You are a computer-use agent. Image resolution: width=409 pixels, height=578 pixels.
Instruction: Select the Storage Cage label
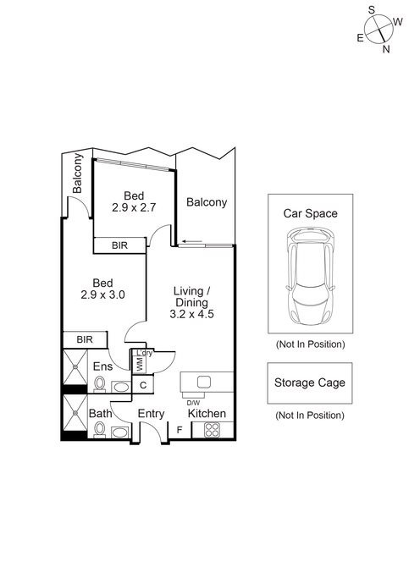tap(309, 383)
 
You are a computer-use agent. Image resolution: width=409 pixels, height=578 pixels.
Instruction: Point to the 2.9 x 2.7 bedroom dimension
tap(132, 206)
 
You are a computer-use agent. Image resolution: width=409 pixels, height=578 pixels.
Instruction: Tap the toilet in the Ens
tap(101, 385)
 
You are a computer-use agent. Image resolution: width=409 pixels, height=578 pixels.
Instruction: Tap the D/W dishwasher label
tap(193, 402)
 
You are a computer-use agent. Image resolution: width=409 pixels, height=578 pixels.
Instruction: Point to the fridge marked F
tap(179, 430)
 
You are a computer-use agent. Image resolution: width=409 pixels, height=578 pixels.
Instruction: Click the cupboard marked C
tap(143, 386)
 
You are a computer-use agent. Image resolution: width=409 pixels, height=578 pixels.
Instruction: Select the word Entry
tap(151, 413)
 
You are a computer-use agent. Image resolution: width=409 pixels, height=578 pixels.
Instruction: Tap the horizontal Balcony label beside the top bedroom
tap(207, 202)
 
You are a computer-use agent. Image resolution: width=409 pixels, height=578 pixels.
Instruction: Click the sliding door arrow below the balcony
tap(192, 243)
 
